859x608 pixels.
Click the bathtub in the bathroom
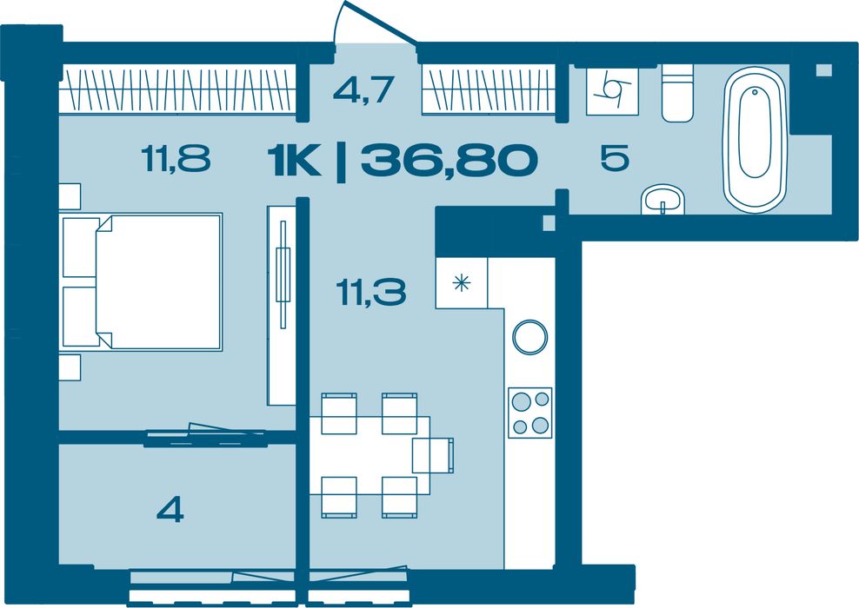pos(755,140)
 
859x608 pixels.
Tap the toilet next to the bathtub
pos(677,93)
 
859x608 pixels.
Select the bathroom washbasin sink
pos(663,199)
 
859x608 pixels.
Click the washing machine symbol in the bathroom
pos(612,91)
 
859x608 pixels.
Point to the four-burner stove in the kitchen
pos(529,413)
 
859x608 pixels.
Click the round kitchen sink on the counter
pos(529,337)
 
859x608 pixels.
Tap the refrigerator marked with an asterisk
pos(462,283)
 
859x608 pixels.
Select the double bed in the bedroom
pos(142,281)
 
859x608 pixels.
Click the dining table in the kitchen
pos(370,455)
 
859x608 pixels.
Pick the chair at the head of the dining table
pos(433,455)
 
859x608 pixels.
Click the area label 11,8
pos(176,157)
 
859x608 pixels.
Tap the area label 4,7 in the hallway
pos(363,89)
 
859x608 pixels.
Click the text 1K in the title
pos(294,161)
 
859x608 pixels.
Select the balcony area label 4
pos(170,511)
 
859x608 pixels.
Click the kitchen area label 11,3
pos(371,292)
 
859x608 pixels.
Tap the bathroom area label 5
pos(615,158)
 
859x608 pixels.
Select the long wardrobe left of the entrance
pos(177,89)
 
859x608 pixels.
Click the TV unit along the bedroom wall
pos(282,306)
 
